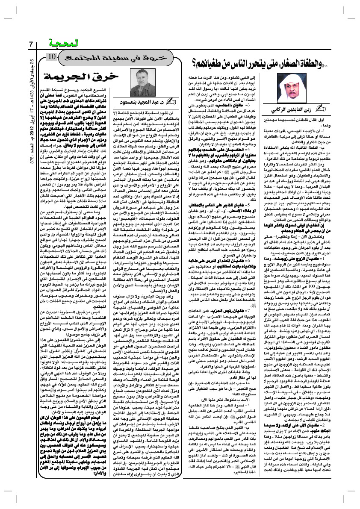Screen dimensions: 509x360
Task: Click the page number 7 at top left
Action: tap(30, 44)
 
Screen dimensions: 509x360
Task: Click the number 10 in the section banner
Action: tap(50, 57)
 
